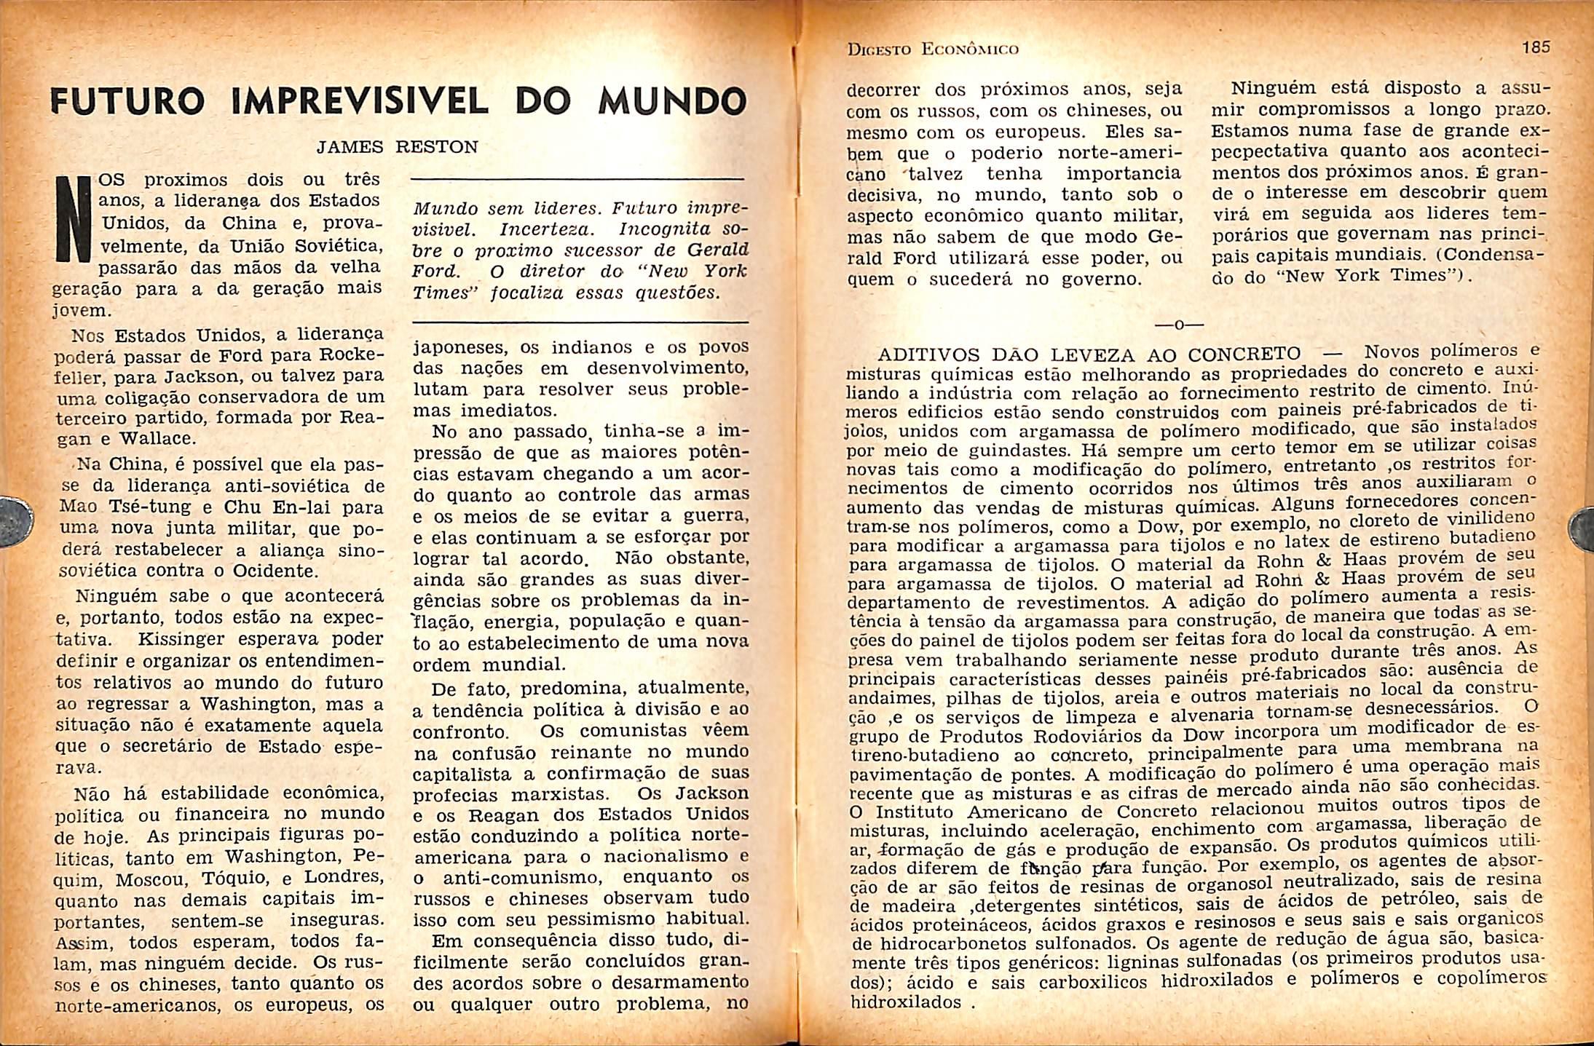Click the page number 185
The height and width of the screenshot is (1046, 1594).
(1536, 47)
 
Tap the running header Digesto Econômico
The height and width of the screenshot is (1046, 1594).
(933, 49)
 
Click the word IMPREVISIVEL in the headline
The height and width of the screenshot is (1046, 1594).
(360, 103)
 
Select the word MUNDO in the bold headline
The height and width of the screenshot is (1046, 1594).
(672, 103)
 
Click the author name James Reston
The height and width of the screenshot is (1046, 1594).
(397, 147)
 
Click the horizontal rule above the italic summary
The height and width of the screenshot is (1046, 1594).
(579, 179)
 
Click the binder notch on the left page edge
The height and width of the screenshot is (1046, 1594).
(16, 519)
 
